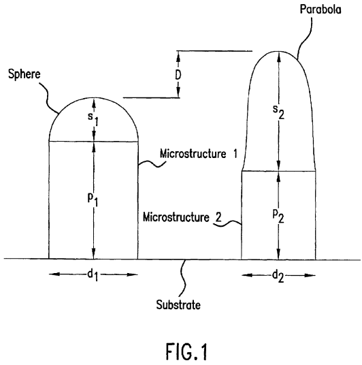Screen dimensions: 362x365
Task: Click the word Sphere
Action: (24, 74)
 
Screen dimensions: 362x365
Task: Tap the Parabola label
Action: (320, 10)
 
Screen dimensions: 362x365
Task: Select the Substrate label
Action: (178, 305)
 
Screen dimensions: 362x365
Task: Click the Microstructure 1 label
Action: (199, 154)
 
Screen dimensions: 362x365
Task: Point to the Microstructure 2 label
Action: (182, 217)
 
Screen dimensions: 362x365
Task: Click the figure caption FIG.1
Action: (186, 351)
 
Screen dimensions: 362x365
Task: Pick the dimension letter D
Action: (178, 75)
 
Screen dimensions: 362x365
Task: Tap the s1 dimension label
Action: (93, 118)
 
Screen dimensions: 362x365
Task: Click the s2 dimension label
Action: (278, 112)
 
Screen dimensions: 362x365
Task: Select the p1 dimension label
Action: (93, 200)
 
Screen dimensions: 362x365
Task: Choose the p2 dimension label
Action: (278, 217)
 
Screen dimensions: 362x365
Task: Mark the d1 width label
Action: (93, 275)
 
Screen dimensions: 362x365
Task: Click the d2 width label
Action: (278, 276)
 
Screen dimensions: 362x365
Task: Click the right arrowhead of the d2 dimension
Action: (310, 276)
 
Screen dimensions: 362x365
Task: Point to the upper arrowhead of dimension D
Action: (178, 56)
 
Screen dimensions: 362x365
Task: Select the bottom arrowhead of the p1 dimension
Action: (94, 253)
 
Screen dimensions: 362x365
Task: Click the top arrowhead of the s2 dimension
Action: (279, 57)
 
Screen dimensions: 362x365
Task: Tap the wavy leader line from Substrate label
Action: (184, 279)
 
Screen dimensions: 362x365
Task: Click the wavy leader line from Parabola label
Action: (304, 37)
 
